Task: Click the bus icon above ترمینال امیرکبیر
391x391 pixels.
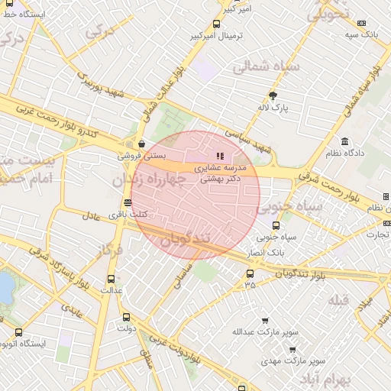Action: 217,24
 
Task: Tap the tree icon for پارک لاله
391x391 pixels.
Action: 273,95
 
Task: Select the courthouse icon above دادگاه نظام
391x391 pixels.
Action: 344,142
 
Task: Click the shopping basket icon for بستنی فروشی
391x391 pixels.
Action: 142,143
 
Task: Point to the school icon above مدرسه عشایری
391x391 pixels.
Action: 221,156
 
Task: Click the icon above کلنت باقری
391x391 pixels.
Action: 128,203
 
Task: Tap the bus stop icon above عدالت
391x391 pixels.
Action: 111,279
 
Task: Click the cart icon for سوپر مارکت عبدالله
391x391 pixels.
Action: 265,321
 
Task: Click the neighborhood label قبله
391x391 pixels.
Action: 338,300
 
